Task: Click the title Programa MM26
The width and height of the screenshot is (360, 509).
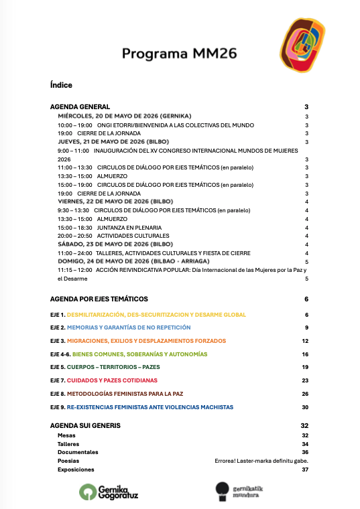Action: coord(179,54)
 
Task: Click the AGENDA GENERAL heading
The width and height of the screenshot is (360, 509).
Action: coord(80,107)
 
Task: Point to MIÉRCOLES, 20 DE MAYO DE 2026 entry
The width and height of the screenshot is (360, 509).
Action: coord(124,116)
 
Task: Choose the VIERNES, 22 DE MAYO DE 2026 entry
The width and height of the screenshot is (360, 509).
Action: coord(115,202)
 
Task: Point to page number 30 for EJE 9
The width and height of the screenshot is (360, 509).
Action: coord(305,407)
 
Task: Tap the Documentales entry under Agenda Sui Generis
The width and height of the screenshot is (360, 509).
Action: coord(78,452)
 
